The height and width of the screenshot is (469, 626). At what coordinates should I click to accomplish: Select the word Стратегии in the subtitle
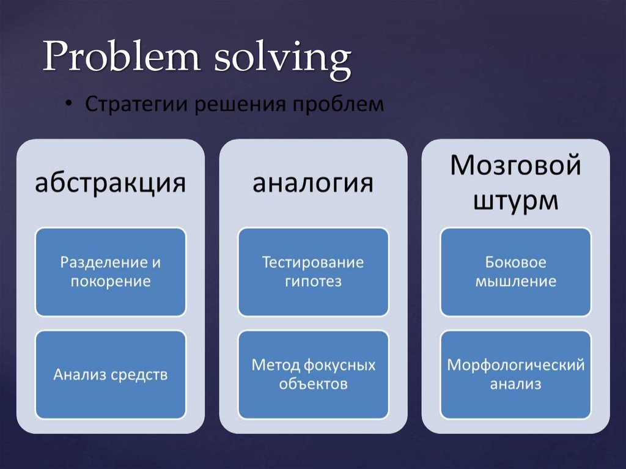[136, 105]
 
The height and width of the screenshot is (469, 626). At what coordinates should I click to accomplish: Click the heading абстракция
[110, 183]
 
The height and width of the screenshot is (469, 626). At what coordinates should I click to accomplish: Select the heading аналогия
[313, 183]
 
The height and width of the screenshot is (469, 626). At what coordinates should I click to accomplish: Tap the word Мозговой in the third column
[515, 166]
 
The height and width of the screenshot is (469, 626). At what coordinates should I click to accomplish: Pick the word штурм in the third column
[515, 200]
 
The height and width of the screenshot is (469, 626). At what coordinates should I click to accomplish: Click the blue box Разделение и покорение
[110, 271]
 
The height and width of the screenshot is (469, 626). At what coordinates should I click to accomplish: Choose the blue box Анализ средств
[110, 374]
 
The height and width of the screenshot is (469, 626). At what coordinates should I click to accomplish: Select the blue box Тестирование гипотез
[313, 271]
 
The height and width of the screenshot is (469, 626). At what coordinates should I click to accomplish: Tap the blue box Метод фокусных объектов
[313, 374]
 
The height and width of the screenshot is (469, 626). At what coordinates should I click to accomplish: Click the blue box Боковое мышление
[515, 271]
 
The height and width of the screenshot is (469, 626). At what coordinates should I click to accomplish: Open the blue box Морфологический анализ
[515, 374]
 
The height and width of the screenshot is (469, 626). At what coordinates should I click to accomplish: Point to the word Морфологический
[515, 366]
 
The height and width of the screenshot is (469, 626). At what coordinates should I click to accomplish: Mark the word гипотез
[313, 282]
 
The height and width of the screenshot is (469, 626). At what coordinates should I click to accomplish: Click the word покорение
[110, 282]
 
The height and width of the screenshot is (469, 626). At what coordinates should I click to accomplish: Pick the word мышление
[515, 282]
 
